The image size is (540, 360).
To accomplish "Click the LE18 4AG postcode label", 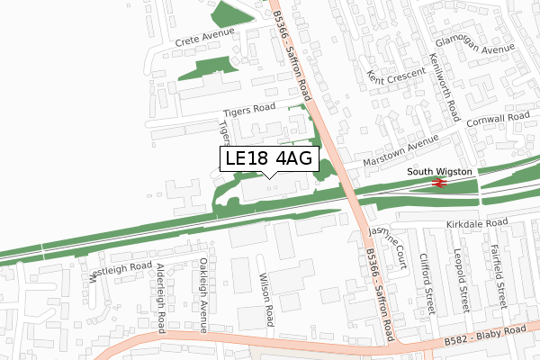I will click(x=269, y=159).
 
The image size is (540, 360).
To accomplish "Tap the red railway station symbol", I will click(x=439, y=183).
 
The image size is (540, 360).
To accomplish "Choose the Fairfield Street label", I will click(x=495, y=279).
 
